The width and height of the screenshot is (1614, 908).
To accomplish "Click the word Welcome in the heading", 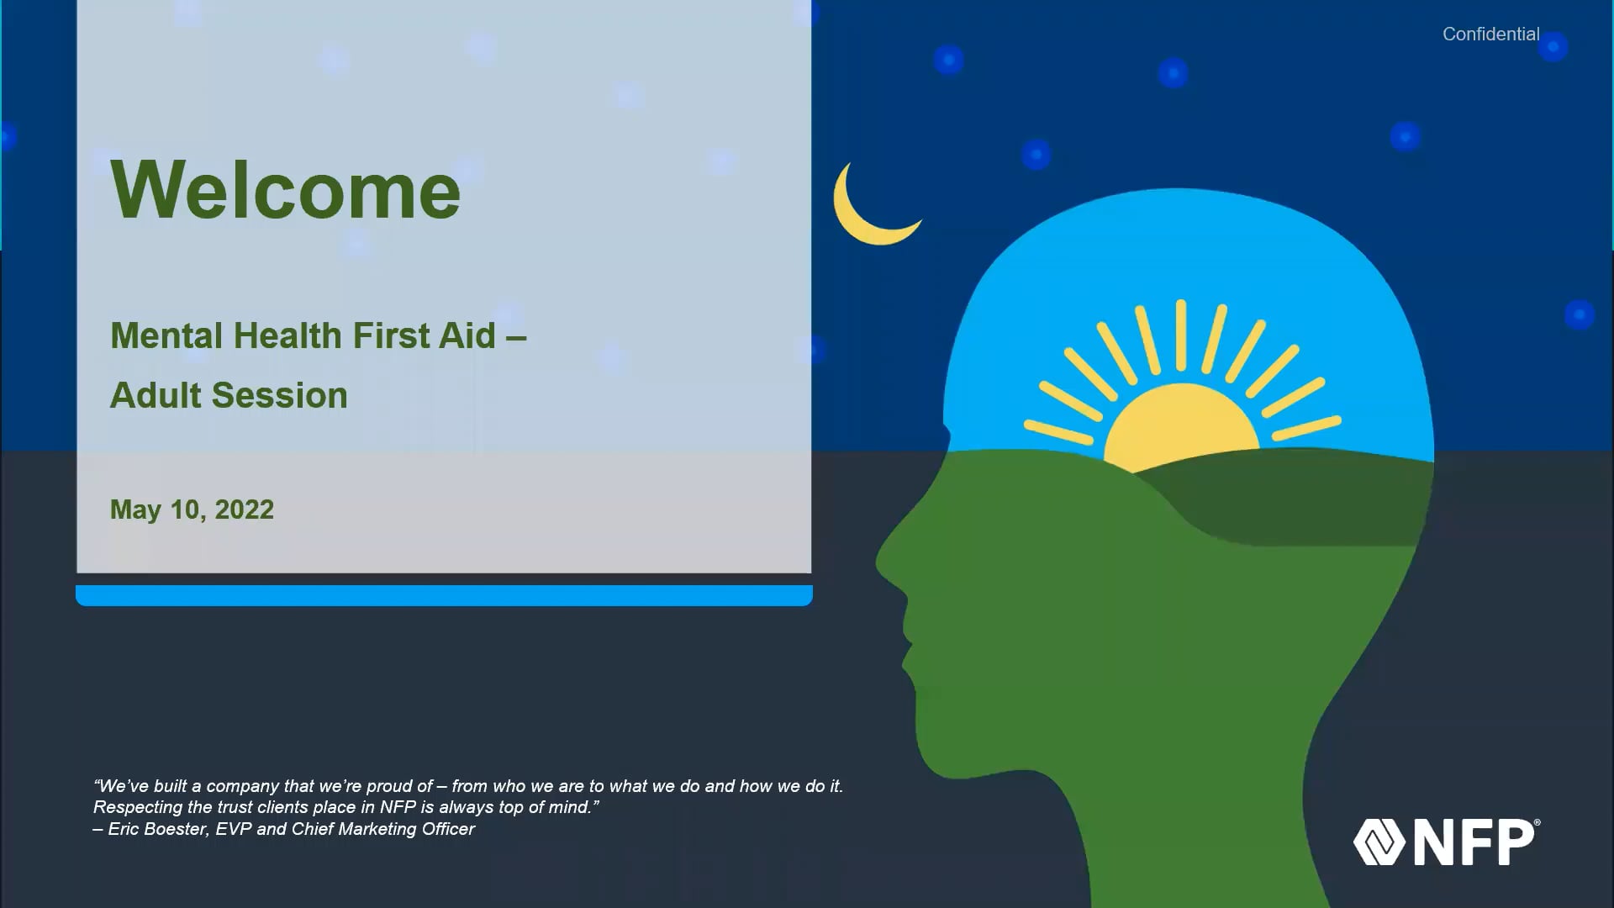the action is click(286, 190).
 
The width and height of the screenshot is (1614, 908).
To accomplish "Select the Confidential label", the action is click(1491, 34).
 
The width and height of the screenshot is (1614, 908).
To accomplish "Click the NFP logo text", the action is click(1476, 842).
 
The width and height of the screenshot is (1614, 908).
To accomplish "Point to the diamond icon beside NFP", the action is click(1379, 842).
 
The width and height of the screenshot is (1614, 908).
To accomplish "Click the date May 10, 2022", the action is click(192, 509).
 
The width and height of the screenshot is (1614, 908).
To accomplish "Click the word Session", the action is click(278, 395).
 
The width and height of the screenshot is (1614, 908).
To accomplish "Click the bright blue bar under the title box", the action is click(444, 595).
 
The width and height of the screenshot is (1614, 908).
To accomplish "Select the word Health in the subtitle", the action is click(287, 335).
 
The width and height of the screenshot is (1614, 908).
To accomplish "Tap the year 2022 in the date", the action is click(244, 509).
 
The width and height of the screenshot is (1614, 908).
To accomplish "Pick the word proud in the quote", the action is click(389, 787).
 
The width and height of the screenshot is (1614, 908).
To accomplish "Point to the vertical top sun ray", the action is click(1181, 335).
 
